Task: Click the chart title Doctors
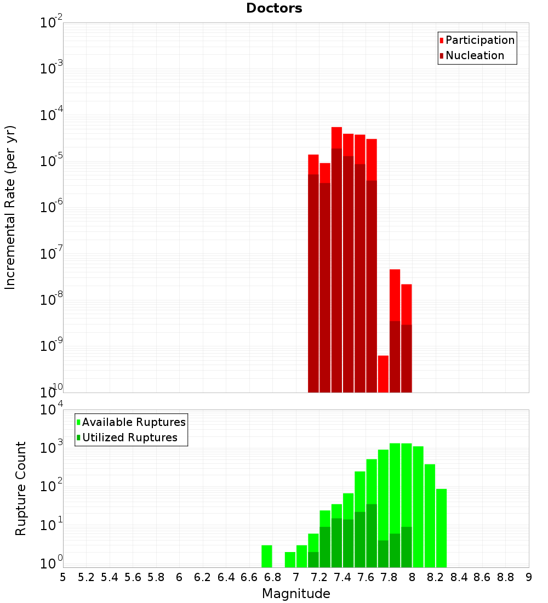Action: point(274,8)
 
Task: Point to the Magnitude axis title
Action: point(296,594)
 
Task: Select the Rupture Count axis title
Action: point(21,488)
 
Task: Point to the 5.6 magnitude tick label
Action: point(133,577)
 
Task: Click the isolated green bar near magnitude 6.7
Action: point(267,556)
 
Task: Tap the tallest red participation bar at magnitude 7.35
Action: point(336,138)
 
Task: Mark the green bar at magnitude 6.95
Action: point(290,560)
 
